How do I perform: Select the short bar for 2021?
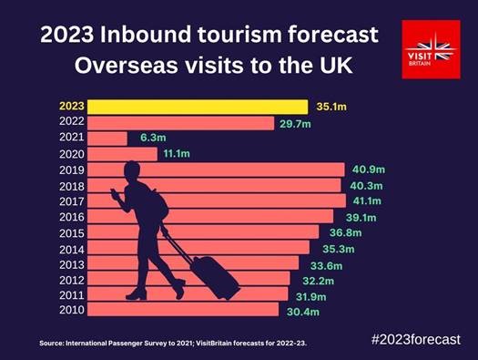(x=108, y=139)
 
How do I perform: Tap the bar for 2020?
(x=123, y=154)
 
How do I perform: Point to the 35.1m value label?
(x=332, y=107)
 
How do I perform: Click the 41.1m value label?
(x=368, y=201)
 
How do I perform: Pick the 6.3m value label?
(x=151, y=139)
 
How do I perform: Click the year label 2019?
(x=71, y=170)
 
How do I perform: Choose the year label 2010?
(x=71, y=310)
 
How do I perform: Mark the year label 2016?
(x=71, y=216)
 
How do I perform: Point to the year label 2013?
(x=71, y=263)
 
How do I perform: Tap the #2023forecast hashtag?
(x=415, y=339)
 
